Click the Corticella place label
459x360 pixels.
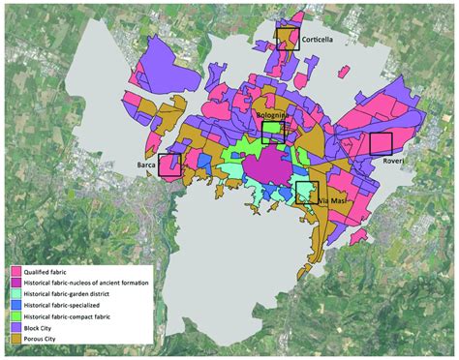pos(319,41)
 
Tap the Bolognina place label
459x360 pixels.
pos(275,114)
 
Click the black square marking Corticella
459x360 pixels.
pos(287,39)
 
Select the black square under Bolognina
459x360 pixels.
pos(272,133)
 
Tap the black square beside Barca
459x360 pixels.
pos(169,165)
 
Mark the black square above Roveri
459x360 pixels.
pos(382,143)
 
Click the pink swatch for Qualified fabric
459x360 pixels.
pos(16,272)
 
